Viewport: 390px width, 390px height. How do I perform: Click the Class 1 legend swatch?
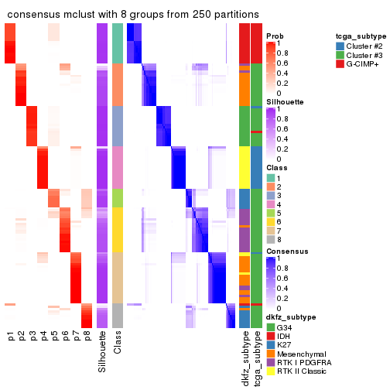click(x=271, y=177)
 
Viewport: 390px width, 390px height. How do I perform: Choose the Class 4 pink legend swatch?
click(x=271, y=205)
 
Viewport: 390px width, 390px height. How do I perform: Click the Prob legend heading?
click(x=275, y=36)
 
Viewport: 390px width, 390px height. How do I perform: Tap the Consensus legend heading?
click(x=286, y=251)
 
